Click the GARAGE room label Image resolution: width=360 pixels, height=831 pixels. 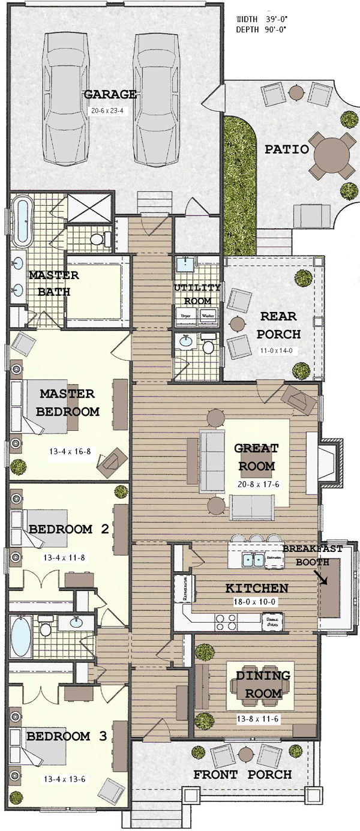[110, 95]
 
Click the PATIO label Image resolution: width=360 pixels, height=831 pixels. [287, 149]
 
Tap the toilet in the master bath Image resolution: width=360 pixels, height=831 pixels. [98, 239]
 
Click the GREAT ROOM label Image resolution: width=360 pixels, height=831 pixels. [257, 457]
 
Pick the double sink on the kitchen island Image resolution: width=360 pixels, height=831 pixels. [253, 559]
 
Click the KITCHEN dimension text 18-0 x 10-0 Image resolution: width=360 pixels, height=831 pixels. [256, 601]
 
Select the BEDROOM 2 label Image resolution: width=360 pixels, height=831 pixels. [68, 529]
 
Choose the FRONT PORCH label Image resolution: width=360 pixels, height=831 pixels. [242, 775]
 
